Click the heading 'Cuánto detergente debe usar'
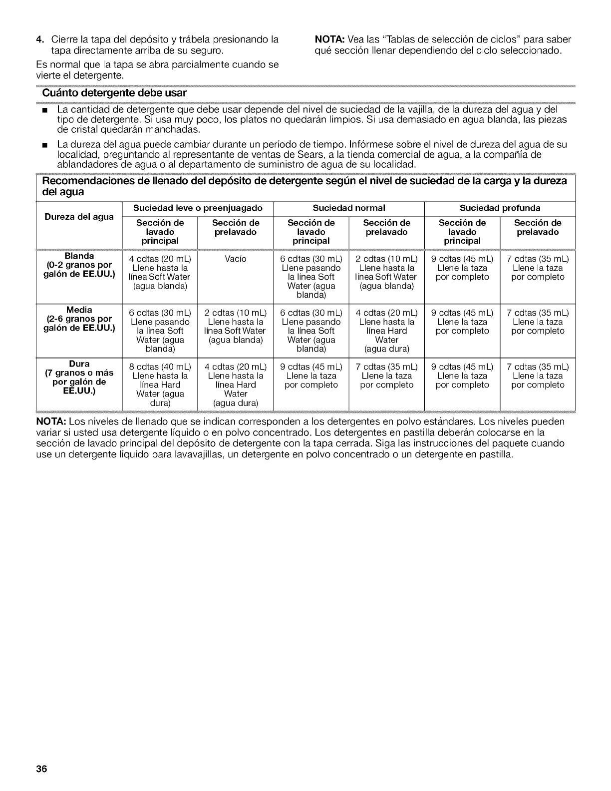114,93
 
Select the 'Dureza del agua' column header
79,217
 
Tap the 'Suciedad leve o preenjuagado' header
198,208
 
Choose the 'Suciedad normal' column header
348,208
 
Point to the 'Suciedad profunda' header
500,208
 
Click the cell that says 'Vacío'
236,259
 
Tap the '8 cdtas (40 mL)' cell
160,367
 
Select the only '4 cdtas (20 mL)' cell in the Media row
386,313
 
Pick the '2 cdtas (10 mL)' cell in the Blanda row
386,259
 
